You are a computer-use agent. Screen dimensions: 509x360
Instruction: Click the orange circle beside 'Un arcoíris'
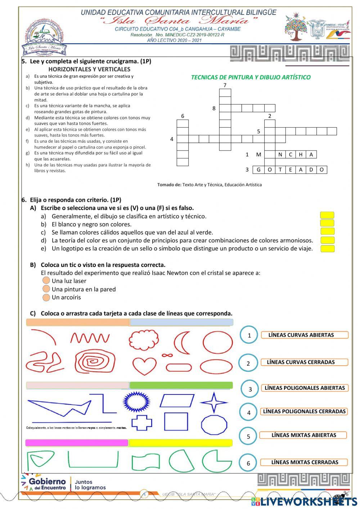(46, 297)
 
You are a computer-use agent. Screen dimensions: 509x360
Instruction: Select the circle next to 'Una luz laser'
(46, 281)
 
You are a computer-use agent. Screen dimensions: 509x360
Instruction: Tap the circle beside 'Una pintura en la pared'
(46, 289)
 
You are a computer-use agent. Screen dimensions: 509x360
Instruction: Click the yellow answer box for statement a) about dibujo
(327, 215)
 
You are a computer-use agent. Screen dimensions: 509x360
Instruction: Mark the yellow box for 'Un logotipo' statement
(327, 249)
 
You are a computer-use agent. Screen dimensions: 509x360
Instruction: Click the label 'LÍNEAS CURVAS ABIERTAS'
(304, 335)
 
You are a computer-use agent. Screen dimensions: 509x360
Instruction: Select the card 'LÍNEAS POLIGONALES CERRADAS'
(304, 411)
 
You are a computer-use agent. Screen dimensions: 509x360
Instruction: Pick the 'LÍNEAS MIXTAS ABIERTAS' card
(303, 435)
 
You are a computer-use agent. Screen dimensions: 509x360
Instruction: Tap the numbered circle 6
(248, 463)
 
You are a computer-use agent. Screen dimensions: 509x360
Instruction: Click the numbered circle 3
(250, 389)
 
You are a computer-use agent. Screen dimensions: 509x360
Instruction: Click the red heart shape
(140, 365)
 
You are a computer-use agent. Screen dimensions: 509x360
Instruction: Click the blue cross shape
(141, 423)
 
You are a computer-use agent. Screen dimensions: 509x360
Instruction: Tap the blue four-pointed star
(213, 402)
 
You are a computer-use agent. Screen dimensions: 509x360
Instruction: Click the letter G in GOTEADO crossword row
(258, 170)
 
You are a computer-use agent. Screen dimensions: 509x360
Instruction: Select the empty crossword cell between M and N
(270, 155)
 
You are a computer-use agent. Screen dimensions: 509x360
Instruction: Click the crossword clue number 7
(225, 85)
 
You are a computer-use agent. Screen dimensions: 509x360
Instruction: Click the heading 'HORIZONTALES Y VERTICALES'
(89, 69)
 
